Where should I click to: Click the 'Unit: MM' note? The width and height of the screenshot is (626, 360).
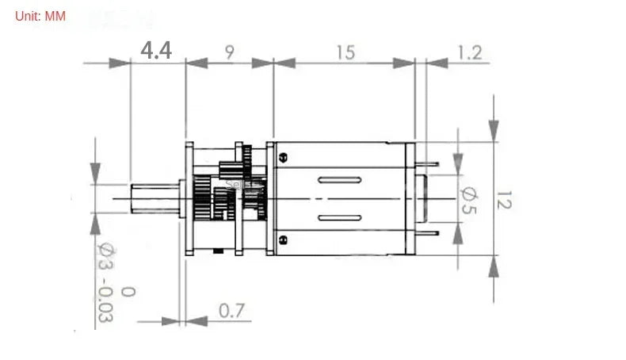[x=40, y=16]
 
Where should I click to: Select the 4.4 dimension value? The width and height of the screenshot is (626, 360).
[x=156, y=51]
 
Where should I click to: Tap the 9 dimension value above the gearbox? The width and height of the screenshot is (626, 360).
[x=229, y=52]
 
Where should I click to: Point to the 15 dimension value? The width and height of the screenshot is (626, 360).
[x=344, y=52]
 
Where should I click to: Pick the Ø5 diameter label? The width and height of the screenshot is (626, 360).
[x=468, y=198]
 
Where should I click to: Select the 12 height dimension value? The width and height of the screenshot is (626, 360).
[x=505, y=199]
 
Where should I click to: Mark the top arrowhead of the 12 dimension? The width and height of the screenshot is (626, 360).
[x=494, y=131]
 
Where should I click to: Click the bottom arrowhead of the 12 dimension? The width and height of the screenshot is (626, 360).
[x=494, y=266]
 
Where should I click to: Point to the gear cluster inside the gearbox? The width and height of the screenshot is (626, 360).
[x=230, y=194]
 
